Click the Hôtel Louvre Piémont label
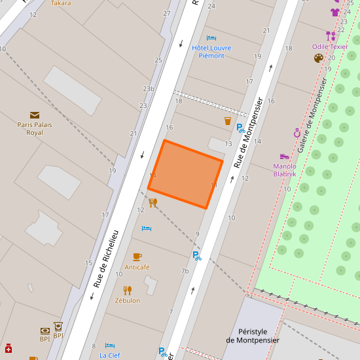(x=208, y=52)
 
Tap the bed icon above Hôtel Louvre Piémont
(x=211, y=39)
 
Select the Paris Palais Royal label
(x=35, y=128)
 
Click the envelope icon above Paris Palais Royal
(x=35, y=115)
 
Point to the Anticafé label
(x=137, y=267)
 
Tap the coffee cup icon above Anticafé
(x=137, y=257)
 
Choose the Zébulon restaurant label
(x=128, y=300)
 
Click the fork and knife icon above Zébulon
(x=128, y=290)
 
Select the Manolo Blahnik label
(x=285, y=170)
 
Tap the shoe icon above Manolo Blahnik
(x=284, y=156)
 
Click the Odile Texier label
(x=330, y=46)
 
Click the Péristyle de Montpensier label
(x=253, y=336)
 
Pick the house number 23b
(x=149, y=89)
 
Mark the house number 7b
(x=185, y=271)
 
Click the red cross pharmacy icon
(x=9, y=348)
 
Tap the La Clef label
(x=110, y=355)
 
